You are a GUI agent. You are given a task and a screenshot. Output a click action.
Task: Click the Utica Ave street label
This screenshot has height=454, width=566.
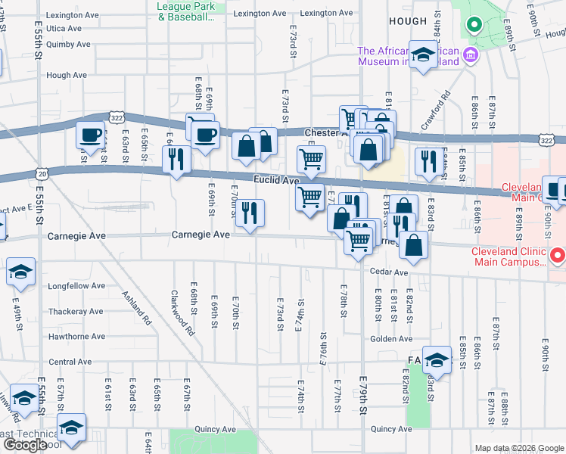pyautogui.click(x=64, y=29)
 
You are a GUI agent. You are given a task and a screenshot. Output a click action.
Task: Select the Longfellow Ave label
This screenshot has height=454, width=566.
pyautogui.click(x=76, y=287)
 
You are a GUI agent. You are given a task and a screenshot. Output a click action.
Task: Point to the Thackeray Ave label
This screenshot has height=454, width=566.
pyautogui.click(x=76, y=311)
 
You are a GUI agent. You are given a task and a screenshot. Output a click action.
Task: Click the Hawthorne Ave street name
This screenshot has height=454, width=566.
pyautogui.click(x=76, y=336)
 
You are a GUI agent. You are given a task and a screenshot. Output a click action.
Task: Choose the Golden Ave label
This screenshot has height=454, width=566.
pyautogui.click(x=391, y=338)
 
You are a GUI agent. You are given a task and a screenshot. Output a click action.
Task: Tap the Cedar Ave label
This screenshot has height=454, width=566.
pyautogui.click(x=389, y=272)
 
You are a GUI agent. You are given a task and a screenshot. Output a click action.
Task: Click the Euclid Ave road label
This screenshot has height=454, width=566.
pyautogui.click(x=275, y=181)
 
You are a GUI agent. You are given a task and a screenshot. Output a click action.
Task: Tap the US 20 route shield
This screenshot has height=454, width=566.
pyautogui.click(x=42, y=174)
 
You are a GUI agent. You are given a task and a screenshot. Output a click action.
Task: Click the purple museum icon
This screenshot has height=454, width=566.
pyautogui.click(x=470, y=54)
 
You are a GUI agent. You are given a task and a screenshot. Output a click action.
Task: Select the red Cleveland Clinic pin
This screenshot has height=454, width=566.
pyautogui.click(x=558, y=256)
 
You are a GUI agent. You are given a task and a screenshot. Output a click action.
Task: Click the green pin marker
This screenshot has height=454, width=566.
pyautogui.click(x=474, y=25)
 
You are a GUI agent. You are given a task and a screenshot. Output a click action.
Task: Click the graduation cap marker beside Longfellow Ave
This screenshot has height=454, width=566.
pyautogui.click(x=21, y=271)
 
